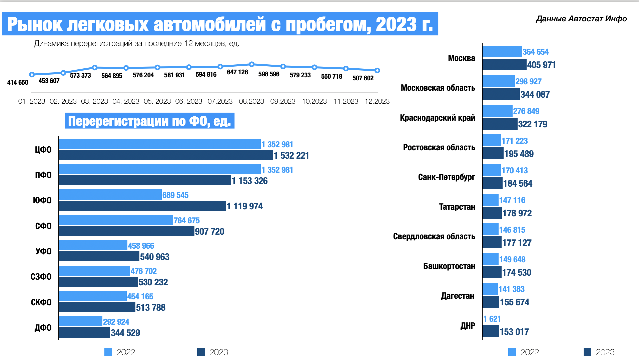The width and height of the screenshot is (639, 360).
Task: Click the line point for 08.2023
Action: click(x=252, y=64)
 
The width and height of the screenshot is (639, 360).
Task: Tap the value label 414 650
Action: click(x=18, y=82)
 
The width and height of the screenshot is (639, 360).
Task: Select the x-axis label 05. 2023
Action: click(x=157, y=101)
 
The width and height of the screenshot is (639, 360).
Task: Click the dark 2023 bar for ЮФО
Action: click(x=142, y=206)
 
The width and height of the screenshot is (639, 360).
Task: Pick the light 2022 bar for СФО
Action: click(x=116, y=220)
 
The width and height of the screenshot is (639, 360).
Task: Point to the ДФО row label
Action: click(x=43, y=328)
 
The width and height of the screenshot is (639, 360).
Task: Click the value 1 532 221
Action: click(x=291, y=155)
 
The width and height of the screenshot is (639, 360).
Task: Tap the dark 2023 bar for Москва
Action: click(x=504, y=65)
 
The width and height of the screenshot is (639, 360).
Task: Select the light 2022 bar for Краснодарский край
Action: click(x=497, y=111)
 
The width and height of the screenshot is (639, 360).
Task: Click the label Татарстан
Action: click(x=457, y=207)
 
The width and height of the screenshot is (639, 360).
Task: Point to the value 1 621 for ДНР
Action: click(x=492, y=319)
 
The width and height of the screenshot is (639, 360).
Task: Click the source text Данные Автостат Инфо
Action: click(x=581, y=19)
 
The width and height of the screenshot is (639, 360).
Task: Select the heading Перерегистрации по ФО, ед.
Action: click(x=149, y=121)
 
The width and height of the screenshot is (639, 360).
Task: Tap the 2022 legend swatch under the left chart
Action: click(x=108, y=352)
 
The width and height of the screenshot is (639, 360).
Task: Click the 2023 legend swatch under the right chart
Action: click(x=587, y=352)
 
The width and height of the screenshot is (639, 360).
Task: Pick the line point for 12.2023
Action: click(x=377, y=70)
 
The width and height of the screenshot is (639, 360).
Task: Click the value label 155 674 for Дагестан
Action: click(x=514, y=302)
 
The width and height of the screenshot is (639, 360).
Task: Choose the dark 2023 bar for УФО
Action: click(x=99, y=256)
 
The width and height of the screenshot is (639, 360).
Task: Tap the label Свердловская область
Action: click(x=434, y=236)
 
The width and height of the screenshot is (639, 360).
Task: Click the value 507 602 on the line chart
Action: click(x=363, y=78)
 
